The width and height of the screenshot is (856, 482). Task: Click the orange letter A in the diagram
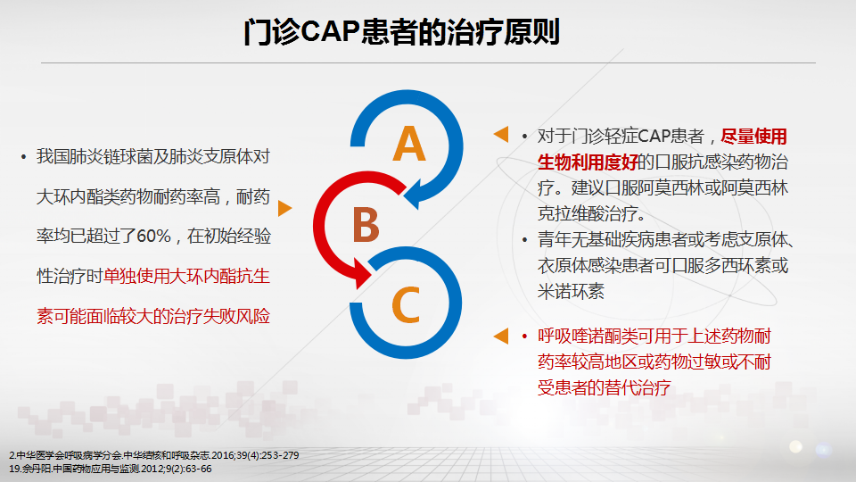[409, 144]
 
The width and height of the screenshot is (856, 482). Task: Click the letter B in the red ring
[366, 225]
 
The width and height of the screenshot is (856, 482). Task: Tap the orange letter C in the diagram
[406, 304]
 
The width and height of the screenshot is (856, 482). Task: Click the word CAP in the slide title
[329, 31]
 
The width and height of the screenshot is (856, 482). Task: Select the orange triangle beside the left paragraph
[284, 208]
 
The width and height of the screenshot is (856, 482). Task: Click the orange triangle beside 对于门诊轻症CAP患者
[501, 135]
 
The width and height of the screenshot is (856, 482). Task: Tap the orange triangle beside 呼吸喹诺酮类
[501, 337]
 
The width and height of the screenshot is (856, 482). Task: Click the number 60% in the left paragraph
[154, 236]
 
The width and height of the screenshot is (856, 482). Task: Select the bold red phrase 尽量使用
[754, 136]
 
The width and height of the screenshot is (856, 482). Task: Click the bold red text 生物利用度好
[588, 162]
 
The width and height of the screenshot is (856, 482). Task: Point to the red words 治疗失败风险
[220, 316]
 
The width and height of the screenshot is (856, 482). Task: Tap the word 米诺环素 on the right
[571, 291]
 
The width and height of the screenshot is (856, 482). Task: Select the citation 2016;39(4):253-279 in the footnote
[255, 455]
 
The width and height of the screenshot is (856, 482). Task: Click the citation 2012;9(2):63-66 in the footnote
[177, 469]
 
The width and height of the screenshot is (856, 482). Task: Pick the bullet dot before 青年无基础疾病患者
[524, 240]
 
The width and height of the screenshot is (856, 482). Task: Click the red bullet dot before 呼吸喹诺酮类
[524, 337]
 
